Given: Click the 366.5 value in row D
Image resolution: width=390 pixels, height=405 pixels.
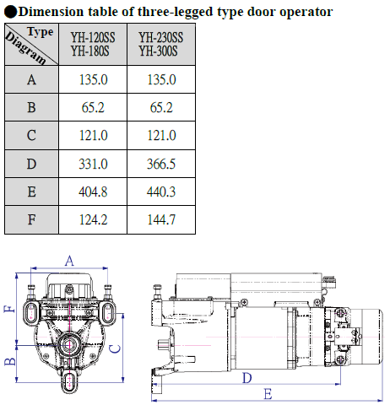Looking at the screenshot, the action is click(x=161, y=164).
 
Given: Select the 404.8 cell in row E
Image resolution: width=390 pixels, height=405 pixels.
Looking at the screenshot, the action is click(x=93, y=192).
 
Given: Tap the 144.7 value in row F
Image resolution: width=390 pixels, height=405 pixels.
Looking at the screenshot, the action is click(x=161, y=219).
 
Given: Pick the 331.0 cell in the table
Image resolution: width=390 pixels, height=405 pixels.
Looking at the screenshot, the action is click(x=93, y=164).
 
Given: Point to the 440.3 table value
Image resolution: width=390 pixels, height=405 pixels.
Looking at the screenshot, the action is click(x=161, y=192).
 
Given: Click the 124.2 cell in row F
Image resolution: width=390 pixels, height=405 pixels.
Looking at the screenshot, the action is click(x=93, y=219).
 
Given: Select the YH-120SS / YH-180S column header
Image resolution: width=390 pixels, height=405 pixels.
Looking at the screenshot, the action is click(x=93, y=44).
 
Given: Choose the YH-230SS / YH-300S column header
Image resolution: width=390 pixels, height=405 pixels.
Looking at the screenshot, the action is click(x=161, y=44).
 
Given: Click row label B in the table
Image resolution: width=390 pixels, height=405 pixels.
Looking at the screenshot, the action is click(x=31, y=107).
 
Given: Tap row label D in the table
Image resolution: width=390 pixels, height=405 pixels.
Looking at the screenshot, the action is click(x=31, y=164).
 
